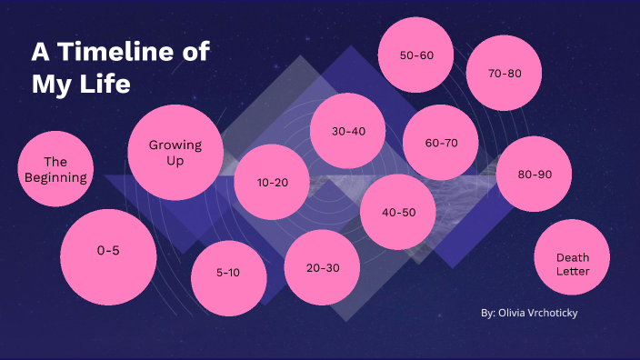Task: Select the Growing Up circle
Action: [175, 153]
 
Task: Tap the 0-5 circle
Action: [108, 252]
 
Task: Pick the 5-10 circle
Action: [228, 272]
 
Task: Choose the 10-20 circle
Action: [272, 183]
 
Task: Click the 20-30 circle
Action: [323, 267]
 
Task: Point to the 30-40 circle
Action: [348, 132]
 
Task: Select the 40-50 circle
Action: [398, 213]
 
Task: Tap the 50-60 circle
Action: [416, 55]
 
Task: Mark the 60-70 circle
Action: [441, 144]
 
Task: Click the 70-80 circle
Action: [505, 74]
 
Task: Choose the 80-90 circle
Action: [534, 175]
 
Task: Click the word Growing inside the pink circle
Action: [175, 145]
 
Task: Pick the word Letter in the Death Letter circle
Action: [573, 271]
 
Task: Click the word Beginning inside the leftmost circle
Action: [55, 178]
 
